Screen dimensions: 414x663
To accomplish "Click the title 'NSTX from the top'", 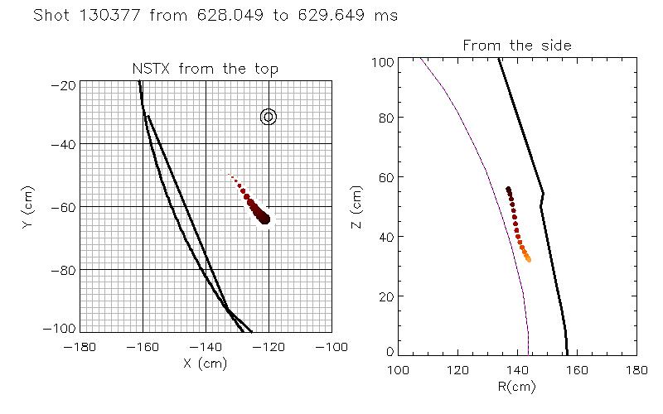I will point(206,69).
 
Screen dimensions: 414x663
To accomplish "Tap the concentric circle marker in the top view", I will point(268,117).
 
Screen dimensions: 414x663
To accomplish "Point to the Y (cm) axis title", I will point(30,206).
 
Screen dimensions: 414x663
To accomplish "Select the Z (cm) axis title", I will point(357,206).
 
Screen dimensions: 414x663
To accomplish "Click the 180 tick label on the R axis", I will point(636,368).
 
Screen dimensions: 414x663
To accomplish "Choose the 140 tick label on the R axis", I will point(517,368).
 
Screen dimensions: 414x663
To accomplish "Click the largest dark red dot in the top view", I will point(264,219).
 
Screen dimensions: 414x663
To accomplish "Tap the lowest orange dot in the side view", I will point(528,260).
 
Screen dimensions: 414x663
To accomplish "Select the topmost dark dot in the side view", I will point(508,189).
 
